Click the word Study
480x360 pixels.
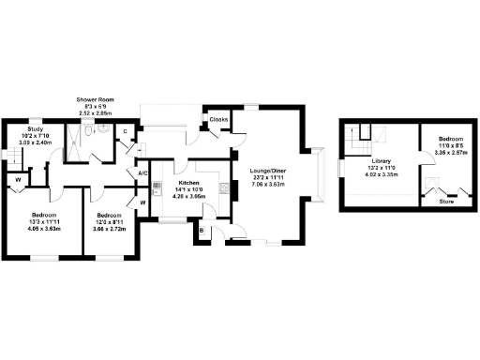click(36, 129)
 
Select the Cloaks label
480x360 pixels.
click(219, 120)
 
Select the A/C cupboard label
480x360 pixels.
click(143, 173)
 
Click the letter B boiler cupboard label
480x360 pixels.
click(202, 228)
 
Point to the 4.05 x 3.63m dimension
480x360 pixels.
click(44, 228)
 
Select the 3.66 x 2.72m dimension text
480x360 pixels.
click(110, 228)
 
